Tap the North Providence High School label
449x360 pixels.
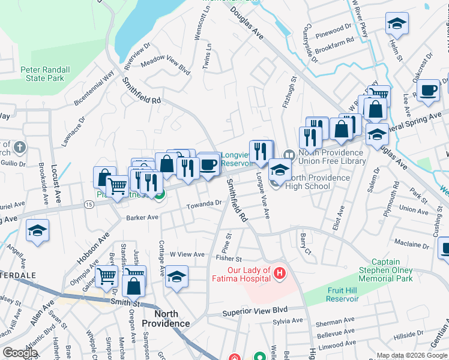(318, 182)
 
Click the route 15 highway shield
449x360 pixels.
(89, 205)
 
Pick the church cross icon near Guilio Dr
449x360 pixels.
(19, 147)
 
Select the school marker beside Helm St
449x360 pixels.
(396, 24)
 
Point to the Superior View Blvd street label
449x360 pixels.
(255, 311)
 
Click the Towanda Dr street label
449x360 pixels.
(203, 204)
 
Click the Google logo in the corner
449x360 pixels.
(20, 353)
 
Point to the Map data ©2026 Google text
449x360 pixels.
(411, 355)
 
